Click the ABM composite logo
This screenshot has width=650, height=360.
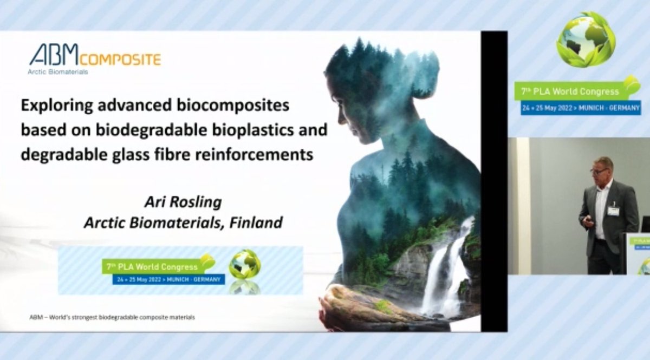click(95, 57)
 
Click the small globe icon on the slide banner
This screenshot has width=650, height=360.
click(244, 264)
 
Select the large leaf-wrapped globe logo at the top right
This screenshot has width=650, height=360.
click(586, 40)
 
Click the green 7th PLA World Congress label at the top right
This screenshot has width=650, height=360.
click(572, 91)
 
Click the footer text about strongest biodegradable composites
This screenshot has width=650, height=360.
click(112, 317)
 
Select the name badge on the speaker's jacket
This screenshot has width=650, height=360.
click(613, 210)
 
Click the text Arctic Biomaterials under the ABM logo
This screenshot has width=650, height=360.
click(58, 71)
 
